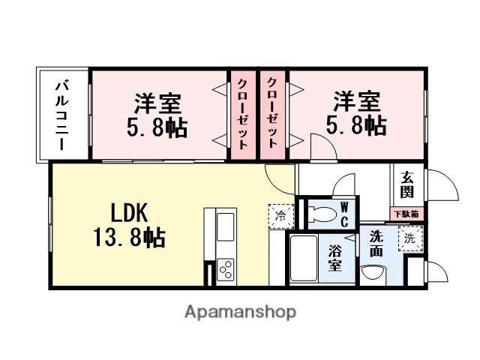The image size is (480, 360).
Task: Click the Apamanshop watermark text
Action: [240, 311]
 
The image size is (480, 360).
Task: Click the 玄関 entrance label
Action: [406, 184]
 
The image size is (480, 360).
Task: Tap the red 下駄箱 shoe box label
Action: [406, 214]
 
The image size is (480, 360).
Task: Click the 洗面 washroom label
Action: [376, 244]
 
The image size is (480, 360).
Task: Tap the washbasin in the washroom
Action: [372, 272]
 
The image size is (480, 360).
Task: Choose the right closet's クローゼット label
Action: [273, 113]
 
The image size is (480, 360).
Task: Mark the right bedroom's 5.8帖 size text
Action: [356, 124]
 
